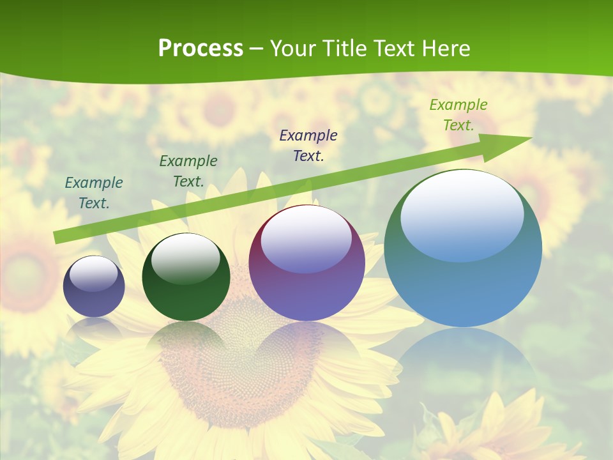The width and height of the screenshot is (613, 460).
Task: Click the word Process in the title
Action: coord(201,49)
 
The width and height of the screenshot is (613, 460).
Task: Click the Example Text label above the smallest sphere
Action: coord(94,193)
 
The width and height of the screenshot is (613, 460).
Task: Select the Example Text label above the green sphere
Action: coord(188,171)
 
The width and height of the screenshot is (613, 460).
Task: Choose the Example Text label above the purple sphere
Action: coord(308,145)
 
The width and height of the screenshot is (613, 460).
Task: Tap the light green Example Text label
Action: coord(458,115)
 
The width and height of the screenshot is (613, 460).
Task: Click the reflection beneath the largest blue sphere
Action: coord(463,364)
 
